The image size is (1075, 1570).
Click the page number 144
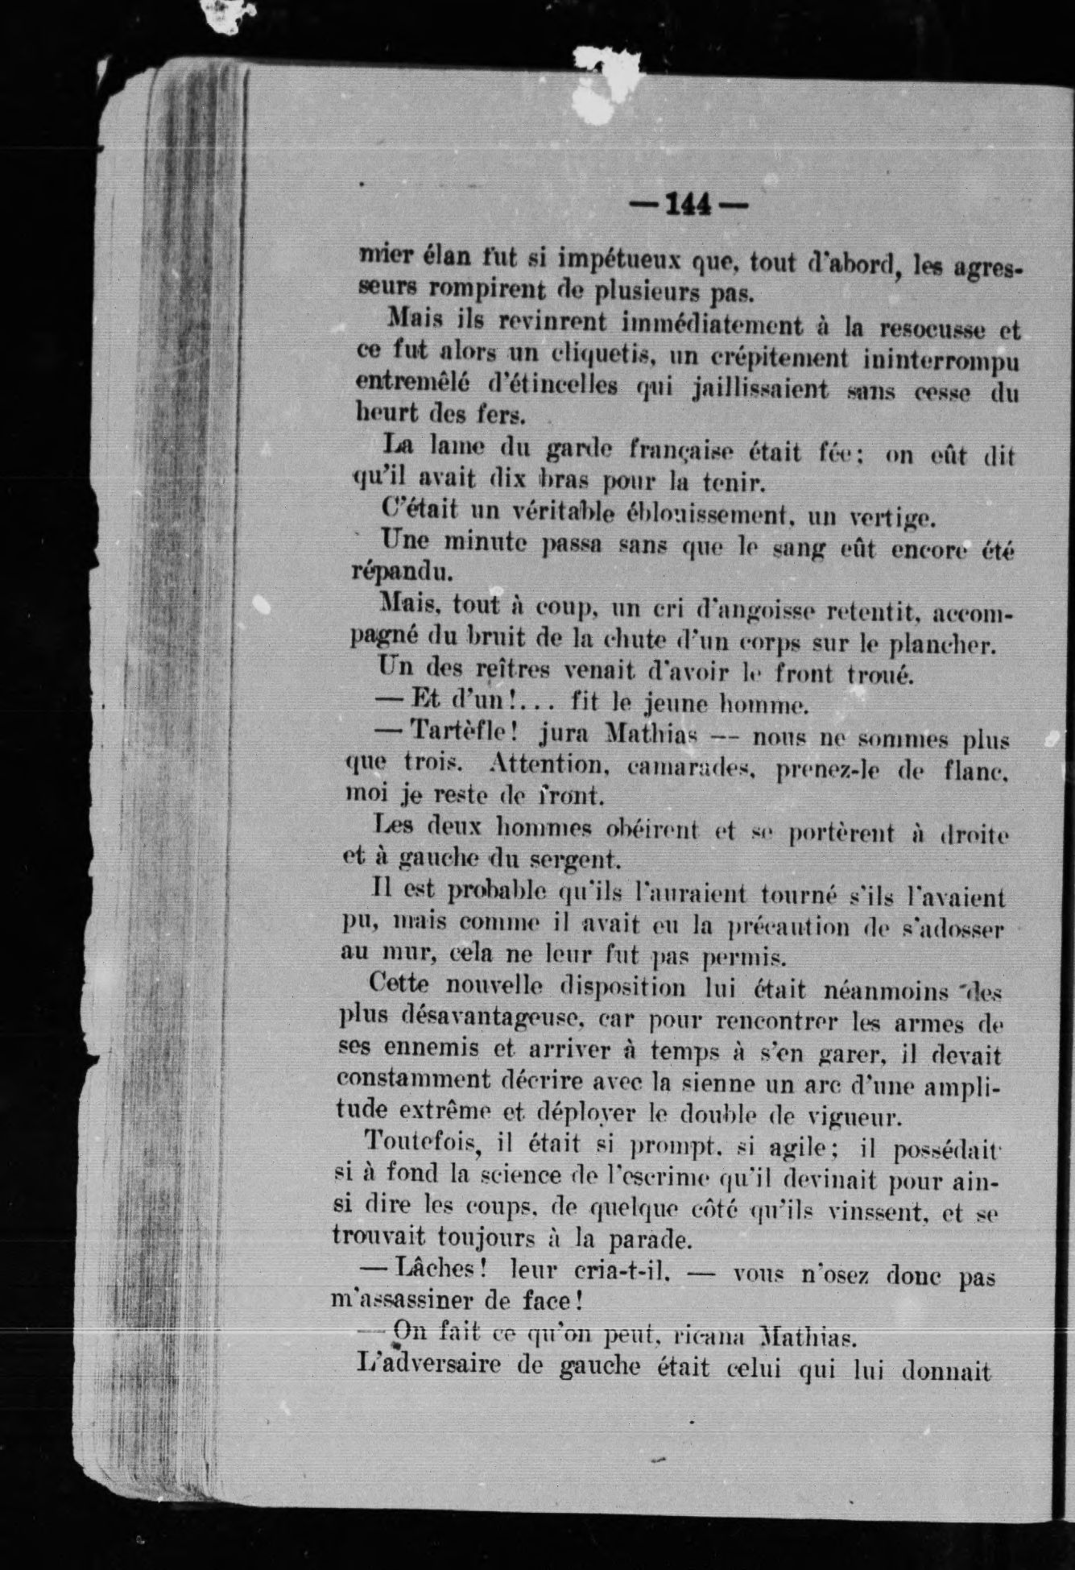pyautogui.click(x=688, y=207)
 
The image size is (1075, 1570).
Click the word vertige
pyautogui.click(x=888, y=518)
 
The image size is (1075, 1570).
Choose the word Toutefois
pyautogui.click(x=418, y=1142)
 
